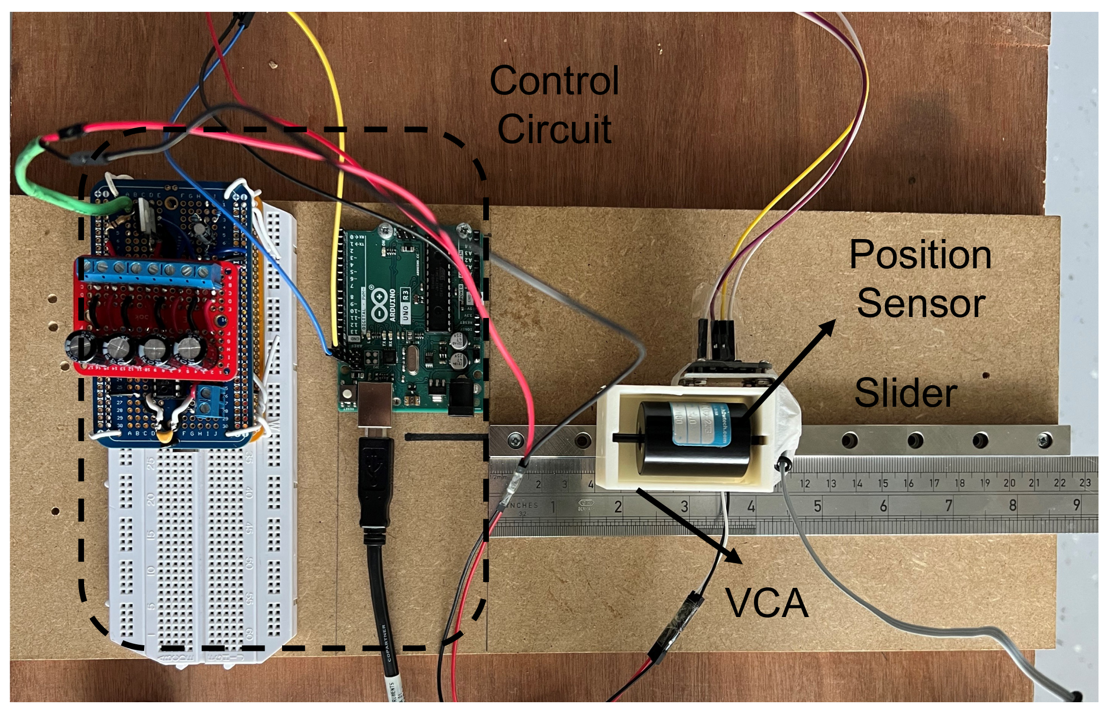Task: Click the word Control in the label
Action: (x=554, y=81)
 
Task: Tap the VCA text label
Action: (x=766, y=603)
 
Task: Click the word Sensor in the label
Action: (x=921, y=304)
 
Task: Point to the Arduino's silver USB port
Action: (x=375, y=405)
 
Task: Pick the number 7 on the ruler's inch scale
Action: (x=948, y=506)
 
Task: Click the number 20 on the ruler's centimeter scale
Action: (x=1009, y=483)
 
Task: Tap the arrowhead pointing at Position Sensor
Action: (x=827, y=328)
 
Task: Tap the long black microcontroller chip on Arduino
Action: (x=439, y=292)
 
